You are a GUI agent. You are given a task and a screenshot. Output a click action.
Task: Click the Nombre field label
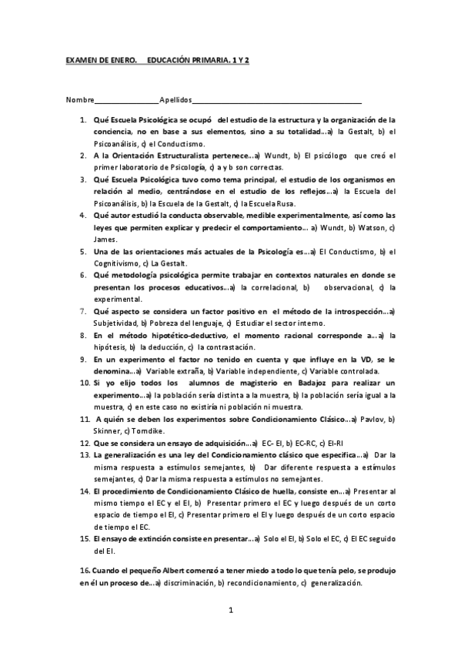click(80, 101)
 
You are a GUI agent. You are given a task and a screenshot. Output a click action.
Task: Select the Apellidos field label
click(175, 101)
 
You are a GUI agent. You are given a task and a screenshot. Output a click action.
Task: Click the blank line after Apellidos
click(277, 102)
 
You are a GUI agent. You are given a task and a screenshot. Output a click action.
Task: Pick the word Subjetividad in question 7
click(115, 323)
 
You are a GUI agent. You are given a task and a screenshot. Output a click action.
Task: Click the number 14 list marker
click(85, 491)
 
